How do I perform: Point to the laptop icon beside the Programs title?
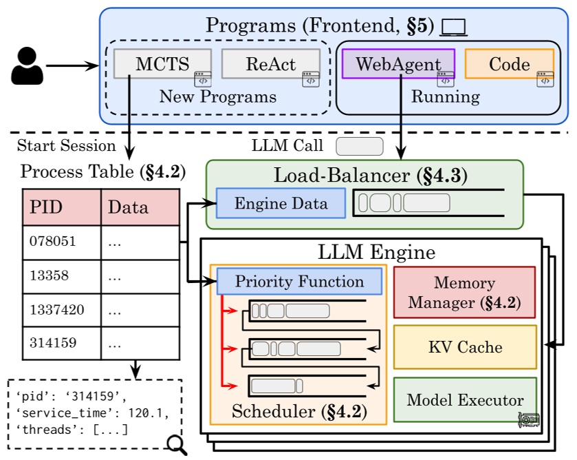pyautogui.click(x=454, y=27)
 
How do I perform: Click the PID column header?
pyautogui.click(x=62, y=207)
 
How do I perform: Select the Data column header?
pyautogui.click(x=140, y=207)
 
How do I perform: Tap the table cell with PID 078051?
pyautogui.click(x=62, y=242)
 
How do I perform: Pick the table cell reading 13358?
pyautogui.click(x=62, y=277)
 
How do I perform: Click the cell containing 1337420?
pyautogui.click(x=62, y=311)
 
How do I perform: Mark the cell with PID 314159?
pyautogui.click(x=62, y=343)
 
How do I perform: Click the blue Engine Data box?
pyautogui.click(x=281, y=204)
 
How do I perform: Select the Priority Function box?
pyautogui.click(x=299, y=281)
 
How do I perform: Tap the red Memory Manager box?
pyautogui.click(x=464, y=293)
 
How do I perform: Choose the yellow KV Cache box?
pyautogui.click(x=464, y=347)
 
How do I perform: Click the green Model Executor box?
pyautogui.click(x=464, y=400)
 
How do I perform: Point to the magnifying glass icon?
pyautogui.click(x=177, y=443)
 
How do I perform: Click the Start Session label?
pyautogui.click(x=67, y=145)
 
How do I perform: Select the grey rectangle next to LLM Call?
pyautogui.click(x=359, y=146)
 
